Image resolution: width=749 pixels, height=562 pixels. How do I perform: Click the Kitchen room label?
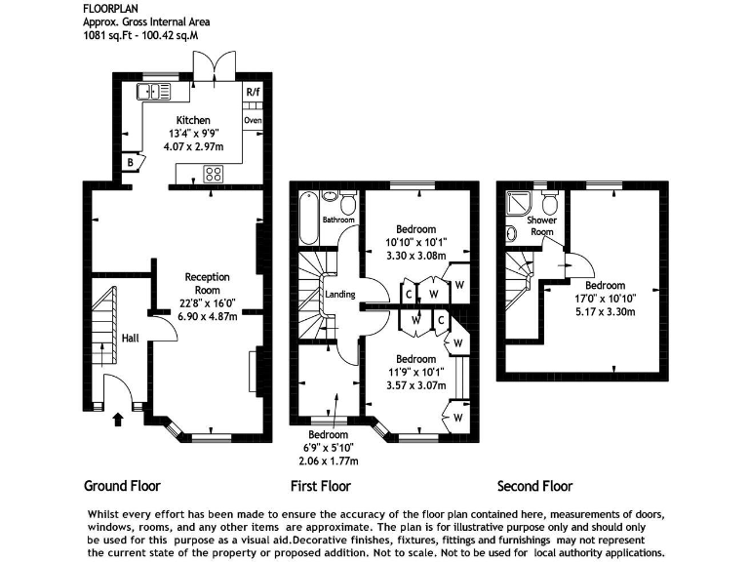tap(193, 121)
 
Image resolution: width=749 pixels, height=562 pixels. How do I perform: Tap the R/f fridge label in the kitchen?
tap(254, 93)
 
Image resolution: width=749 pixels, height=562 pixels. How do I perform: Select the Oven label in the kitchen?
tap(254, 120)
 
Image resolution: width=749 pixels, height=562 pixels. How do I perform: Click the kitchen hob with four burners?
tap(213, 175)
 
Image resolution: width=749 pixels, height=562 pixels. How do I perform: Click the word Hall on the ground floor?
tap(129, 338)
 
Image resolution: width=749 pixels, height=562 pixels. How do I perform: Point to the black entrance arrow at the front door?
tap(119, 421)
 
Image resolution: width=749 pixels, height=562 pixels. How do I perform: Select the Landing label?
tap(340, 294)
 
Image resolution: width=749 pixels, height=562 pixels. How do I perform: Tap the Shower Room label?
tap(541, 226)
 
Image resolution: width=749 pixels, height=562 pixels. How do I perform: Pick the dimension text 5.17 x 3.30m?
tap(605, 312)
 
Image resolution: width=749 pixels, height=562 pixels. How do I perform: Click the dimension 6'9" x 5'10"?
tap(329, 448)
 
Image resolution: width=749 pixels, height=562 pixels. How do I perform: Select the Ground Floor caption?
tap(122, 486)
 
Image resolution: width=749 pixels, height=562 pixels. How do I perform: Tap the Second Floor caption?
tap(534, 486)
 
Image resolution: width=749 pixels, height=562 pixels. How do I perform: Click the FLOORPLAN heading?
tap(111, 7)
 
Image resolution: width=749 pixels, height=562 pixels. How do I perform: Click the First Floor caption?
tap(320, 486)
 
